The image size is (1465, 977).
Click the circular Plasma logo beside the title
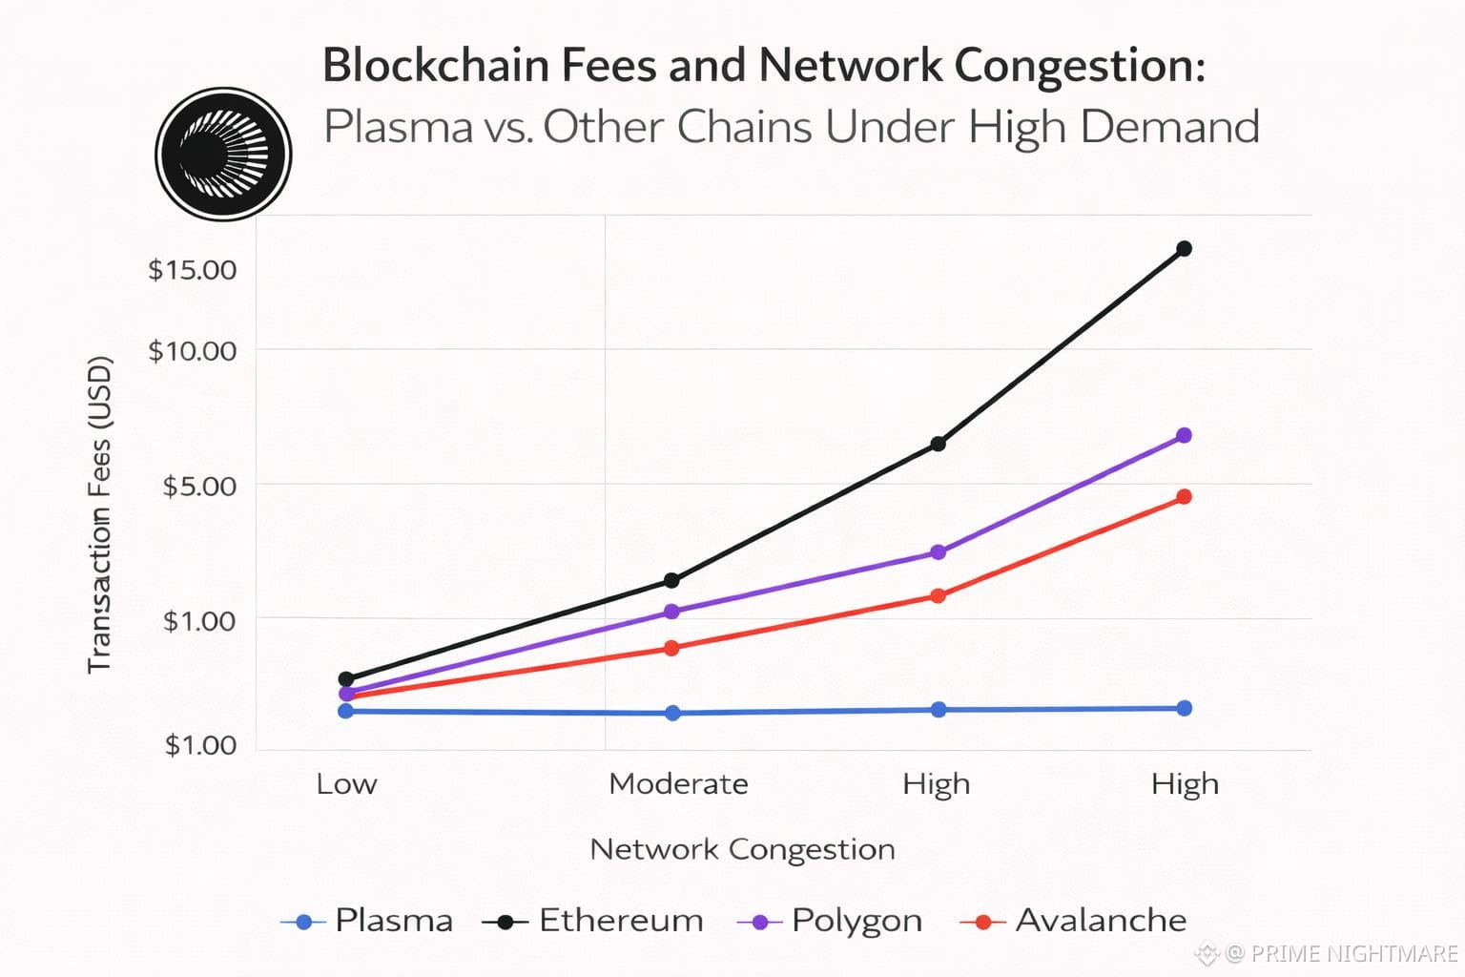pyautogui.click(x=223, y=154)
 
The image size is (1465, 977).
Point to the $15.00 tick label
pyautogui.click(x=192, y=270)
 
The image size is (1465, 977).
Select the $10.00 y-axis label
pyautogui.click(x=192, y=351)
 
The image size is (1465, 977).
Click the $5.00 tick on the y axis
pyautogui.click(x=199, y=487)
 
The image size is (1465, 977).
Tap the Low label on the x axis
pyautogui.click(x=346, y=784)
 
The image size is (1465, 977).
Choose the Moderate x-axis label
pyautogui.click(x=678, y=784)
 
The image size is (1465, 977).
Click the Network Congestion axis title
pyautogui.click(x=742, y=849)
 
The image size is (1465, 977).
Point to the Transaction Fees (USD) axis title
pyautogui.click(x=100, y=515)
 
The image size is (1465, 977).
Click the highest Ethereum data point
pyautogui.click(x=1185, y=249)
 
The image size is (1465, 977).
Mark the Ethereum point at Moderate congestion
pyautogui.click(x=671, y=580)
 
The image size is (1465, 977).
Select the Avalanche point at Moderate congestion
pyautogui.click(x=671, y=649)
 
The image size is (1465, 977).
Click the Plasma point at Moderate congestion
pyautogui.click(x=672, y=713)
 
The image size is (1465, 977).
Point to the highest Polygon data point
pyautogui.click(x=1185, y=436)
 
